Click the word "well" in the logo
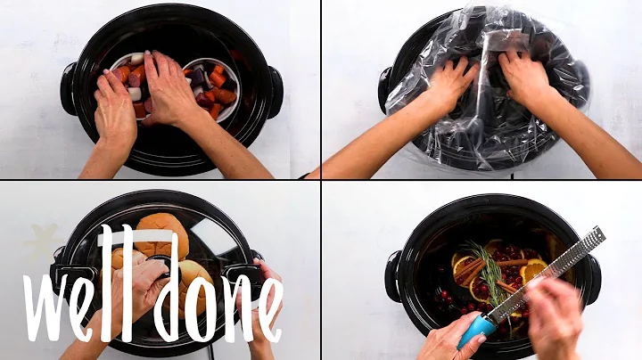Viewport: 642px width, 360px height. tap(84, 281)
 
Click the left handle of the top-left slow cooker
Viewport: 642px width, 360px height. tap(69, 88)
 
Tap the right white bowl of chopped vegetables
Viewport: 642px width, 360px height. tap(212, 85)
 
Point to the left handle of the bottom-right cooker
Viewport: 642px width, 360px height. tap(392, 276)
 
